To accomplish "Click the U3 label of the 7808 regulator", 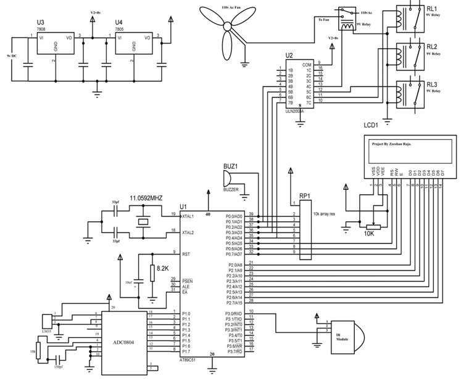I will point(41,21).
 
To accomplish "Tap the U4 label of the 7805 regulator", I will point(120,21).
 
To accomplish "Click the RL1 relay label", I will point(432,9).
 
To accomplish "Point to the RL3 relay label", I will point(432,84).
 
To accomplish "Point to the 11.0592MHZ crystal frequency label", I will point(146,198).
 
